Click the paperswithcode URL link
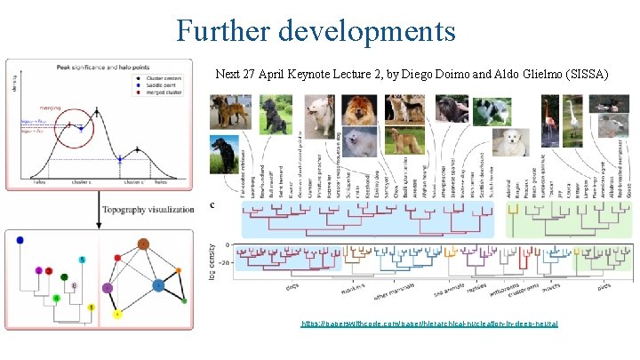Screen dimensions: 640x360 429,324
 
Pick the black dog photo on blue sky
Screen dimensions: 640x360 224,149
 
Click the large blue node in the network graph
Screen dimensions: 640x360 158,286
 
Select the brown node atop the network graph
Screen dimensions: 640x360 144,243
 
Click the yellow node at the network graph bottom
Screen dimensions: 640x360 119,314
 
